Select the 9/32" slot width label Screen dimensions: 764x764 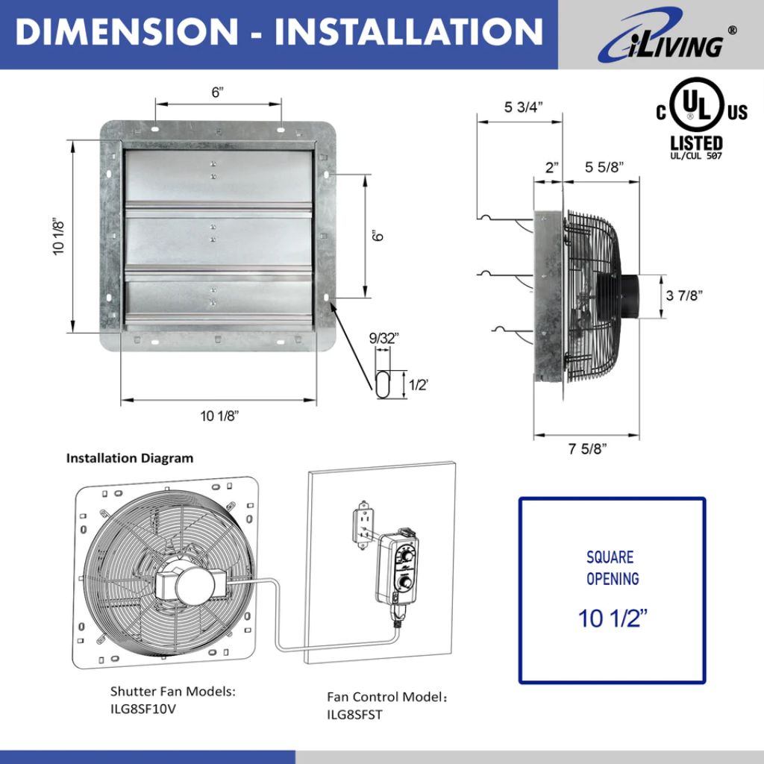385,338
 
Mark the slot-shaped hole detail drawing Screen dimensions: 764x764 381,383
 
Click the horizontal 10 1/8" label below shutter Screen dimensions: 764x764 219,416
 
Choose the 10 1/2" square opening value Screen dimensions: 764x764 612,618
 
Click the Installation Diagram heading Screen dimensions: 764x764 129,458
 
